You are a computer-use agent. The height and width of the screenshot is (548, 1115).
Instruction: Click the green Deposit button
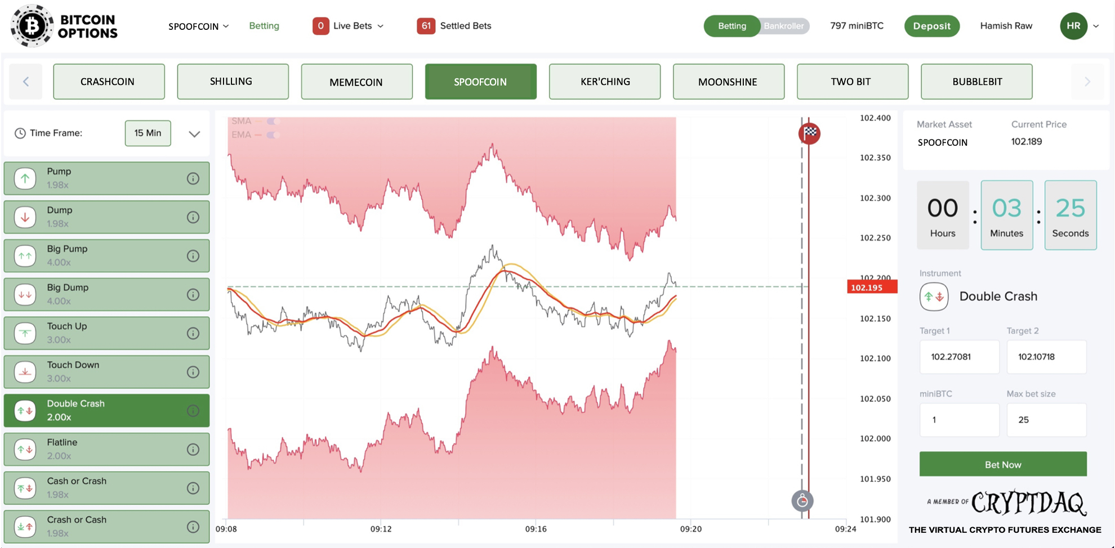[x=931, y=26]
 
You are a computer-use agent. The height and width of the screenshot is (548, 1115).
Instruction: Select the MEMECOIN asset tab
[x=356, y=82]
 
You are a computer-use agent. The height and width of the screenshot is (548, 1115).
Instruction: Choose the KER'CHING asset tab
[x=604, y=82]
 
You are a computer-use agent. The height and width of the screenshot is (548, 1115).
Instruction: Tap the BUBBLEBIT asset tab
[x=976, y=82]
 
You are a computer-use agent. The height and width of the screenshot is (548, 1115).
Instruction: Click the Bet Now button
[x=1002, y=464]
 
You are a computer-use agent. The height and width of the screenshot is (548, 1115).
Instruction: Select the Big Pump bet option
[x=106, y=255]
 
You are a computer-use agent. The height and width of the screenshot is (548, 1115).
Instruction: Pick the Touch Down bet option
[x=106, y=371]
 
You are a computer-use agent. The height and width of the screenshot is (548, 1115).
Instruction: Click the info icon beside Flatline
[x=193, y=449]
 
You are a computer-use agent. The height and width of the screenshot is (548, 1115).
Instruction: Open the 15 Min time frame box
[x=148, y=133]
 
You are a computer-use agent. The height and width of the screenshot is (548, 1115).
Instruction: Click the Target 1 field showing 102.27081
[x=959, y=357]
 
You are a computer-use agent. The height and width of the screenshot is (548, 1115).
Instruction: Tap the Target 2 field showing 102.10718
[x=1046, y=357]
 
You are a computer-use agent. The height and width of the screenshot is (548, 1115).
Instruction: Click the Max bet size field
[x=1046, y=420]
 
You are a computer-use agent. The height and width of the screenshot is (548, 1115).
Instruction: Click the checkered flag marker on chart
[x=809, y=133]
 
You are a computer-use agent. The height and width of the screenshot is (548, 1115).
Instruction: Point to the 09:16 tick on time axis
[x=536, y=529]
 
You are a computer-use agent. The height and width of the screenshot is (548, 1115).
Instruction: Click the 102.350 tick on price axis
[x=875, y=158]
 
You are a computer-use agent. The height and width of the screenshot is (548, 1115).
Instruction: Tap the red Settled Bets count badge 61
[x=426, y=26]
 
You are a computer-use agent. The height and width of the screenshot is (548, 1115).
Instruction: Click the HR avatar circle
[x=1073, y=26]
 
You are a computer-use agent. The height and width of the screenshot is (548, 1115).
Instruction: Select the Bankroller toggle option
[x=783, y=26]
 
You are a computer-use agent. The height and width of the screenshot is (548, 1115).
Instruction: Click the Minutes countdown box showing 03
[x=1006, y=215]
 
